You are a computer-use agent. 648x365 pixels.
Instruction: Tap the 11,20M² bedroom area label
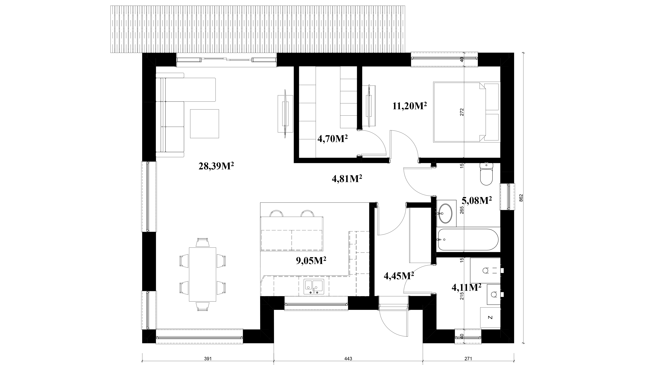(410, 106)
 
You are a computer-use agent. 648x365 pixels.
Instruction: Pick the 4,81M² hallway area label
(347, 179)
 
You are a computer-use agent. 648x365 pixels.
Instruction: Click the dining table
(202, 274)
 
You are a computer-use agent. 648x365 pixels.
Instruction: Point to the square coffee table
(204, 124)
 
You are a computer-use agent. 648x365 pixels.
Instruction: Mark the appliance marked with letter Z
(490, 317)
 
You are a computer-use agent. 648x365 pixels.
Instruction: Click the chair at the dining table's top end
(202, 242)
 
